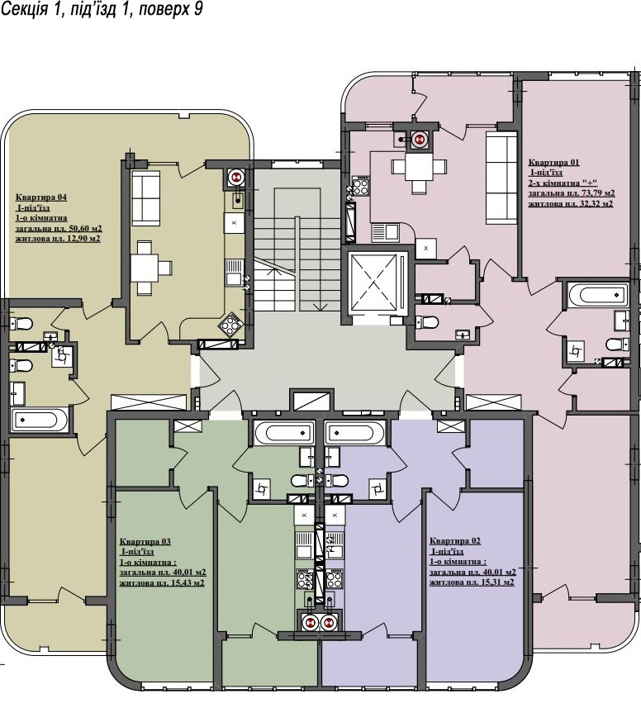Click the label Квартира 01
554,163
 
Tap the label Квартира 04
41,197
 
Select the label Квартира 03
145,542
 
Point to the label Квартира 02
455,541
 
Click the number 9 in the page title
198,9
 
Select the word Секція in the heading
24,9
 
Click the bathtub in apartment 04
40,421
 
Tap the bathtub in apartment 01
597,295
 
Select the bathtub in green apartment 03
283,433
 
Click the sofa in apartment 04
146,198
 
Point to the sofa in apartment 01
501,177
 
